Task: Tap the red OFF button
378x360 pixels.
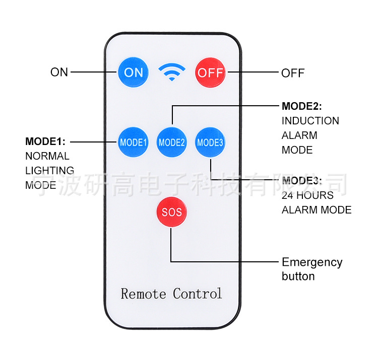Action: coord(210,72)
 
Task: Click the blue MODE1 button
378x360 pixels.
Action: coord(133,142)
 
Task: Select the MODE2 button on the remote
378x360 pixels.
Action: coord(172,142)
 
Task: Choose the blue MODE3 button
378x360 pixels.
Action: coord(210,142)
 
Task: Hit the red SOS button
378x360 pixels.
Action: coord(172,212)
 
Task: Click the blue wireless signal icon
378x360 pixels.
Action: coord(172,72)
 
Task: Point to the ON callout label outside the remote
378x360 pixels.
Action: coord(59,72)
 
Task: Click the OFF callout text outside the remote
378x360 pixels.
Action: coord(293,73)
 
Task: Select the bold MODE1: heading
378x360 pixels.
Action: coord(45,141)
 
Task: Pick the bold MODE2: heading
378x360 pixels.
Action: coord(302,106)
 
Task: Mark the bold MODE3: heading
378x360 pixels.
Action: coord(302,181)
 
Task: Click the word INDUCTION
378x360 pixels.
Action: coord(310,121)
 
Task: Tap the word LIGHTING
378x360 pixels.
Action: coord(50,171)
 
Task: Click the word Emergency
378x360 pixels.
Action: coord(312,263)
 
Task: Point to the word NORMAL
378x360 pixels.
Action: coord(47,156)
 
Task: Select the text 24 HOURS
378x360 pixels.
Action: coord(307,195)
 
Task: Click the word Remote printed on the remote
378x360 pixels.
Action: coord(144,294)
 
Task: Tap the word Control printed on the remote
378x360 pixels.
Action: coord(198,294)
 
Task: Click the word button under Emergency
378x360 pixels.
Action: coord(298,276)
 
